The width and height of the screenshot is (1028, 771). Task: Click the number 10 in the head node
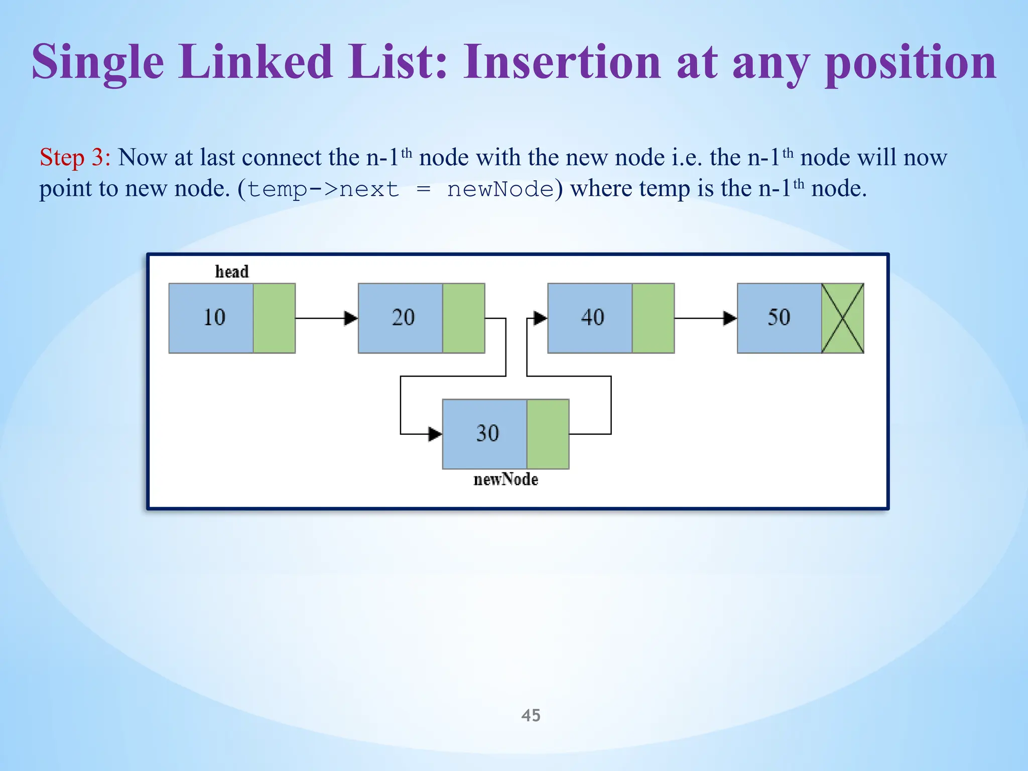pos(214,318)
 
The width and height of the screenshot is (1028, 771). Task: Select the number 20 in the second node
pos(403,318)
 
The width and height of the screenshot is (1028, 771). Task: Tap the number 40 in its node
pos(592,318)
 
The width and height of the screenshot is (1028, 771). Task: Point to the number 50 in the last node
pos(779,318)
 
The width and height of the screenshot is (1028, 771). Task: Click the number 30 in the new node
pos(487,434)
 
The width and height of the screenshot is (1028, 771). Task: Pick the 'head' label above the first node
pos(232,272)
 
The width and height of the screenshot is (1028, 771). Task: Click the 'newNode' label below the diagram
pos(505,480)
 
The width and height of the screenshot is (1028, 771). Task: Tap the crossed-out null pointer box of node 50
pos(843,318)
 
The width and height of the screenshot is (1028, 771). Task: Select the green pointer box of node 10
pos(274,318)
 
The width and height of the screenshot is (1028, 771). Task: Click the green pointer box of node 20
pos(464,318)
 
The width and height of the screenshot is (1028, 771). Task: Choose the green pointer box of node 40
pos(653,318)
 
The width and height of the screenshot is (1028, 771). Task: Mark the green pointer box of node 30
pos(548,434)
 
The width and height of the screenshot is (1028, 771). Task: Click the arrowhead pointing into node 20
pos(351,318)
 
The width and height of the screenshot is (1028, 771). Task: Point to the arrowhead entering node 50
pos(730,318)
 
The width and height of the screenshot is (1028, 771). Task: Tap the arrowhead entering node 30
pos(435,434)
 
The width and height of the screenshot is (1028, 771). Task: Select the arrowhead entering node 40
pos(540,318)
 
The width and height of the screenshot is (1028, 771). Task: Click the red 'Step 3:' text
pos(75,158)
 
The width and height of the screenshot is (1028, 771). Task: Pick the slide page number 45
pos(531,715)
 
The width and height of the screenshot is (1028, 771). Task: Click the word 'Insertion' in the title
pos(563,62)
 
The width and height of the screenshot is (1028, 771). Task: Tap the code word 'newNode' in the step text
pos(500,190)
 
